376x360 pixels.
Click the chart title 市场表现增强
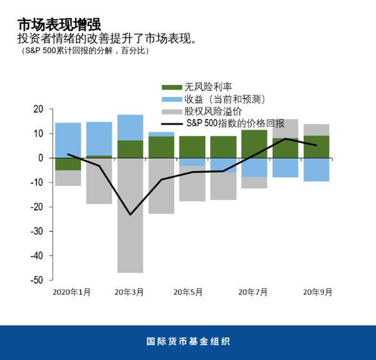tap(58, 25)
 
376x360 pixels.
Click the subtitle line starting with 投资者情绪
tap(107, 39)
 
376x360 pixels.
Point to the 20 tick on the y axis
tap(38, 110)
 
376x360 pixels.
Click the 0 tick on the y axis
tap(41, 158)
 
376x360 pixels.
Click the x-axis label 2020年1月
tap(71, 292)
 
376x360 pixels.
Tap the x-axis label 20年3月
tap(129, 292)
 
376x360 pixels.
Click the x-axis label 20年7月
tap(253, 292)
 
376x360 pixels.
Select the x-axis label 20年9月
tap(318, 292)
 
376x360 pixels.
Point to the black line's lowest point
tap(130, 215)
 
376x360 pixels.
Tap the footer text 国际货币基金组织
tap(188, 342)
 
